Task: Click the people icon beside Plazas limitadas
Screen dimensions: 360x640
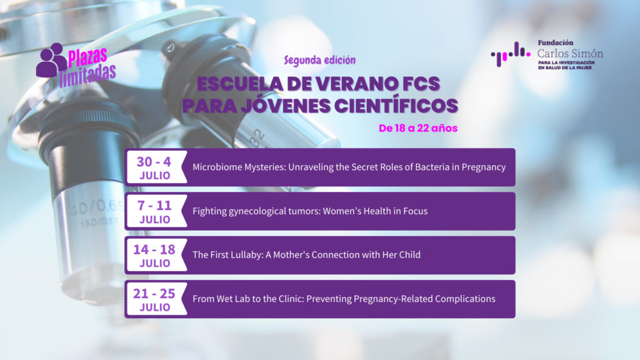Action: point(51,60)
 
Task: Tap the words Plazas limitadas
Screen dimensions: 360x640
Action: point(91,64)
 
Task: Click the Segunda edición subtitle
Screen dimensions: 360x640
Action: point(319,61)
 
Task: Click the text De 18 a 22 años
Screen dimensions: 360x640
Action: point(419,128)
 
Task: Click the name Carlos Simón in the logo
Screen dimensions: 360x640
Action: point(570,54)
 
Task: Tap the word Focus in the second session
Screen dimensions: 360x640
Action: point(414,211)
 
